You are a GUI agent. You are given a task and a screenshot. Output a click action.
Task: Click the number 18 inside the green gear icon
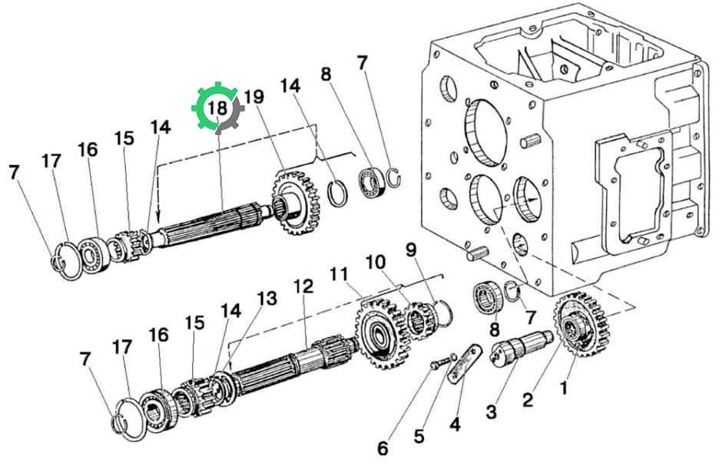[x=217, y=108]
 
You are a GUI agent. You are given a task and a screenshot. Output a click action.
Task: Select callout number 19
[x=254, y=97]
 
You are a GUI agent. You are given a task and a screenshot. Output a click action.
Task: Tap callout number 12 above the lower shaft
[x=303, y=286]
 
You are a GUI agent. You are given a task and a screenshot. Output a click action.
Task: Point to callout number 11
[x=339, y=275]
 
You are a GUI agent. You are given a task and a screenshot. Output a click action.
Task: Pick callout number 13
[x=267, y=299]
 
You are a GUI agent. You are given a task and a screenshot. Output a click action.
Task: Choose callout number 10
[x=376, y=263]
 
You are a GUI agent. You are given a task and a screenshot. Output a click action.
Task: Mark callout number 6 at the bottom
[x=383, y=448]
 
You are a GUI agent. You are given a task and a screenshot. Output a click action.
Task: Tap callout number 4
[x=455, y=424]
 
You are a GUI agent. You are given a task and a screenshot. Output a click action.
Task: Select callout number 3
[x=492, y=412]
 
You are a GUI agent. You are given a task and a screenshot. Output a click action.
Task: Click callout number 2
[x=528, y=399]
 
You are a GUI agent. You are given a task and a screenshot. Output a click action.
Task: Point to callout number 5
[x=419, y=436]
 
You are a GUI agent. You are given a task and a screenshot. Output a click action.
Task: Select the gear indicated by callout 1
[x=581, y=324]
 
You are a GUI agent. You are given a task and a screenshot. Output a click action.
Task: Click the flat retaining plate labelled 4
[x=464, y=363]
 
